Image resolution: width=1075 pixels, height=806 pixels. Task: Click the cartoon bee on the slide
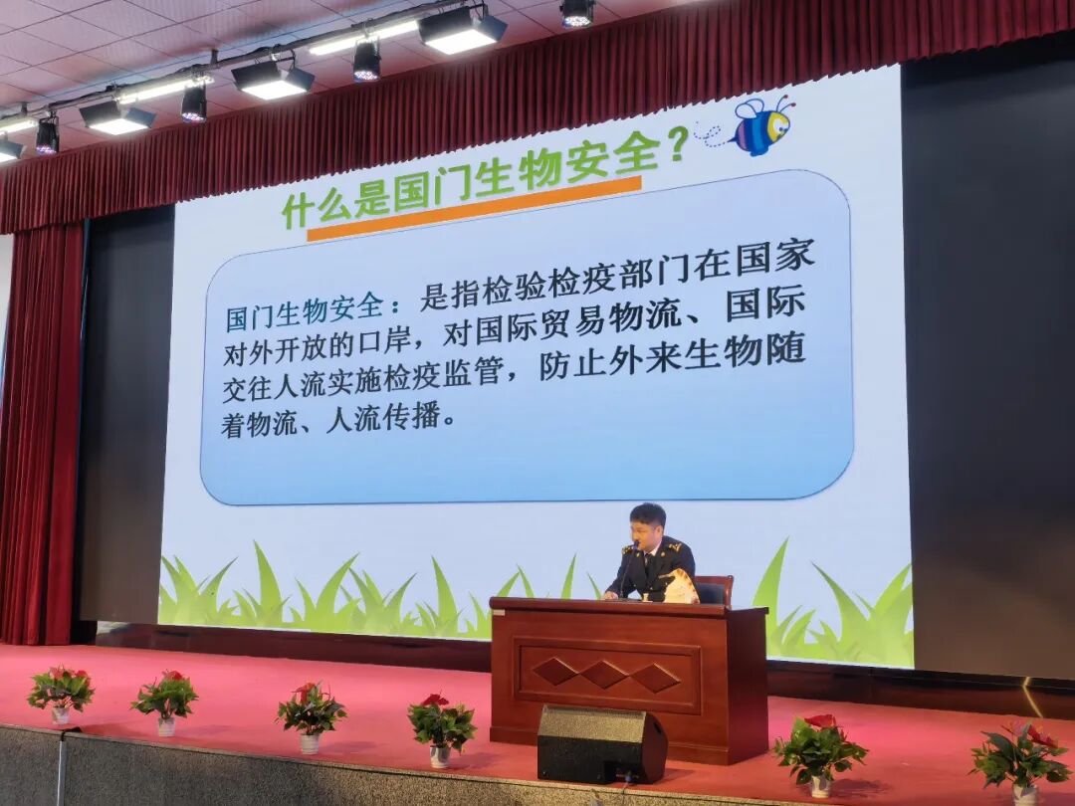[762, 126]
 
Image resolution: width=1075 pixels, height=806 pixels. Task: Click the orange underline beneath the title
[474, 209]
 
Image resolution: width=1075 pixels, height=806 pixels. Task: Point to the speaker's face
[647, 525]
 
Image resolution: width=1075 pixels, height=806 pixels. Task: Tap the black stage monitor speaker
[601, 743]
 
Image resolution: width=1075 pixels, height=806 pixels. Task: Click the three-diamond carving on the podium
[606, 675]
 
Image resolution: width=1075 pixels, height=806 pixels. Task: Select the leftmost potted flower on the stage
[61, 694]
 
